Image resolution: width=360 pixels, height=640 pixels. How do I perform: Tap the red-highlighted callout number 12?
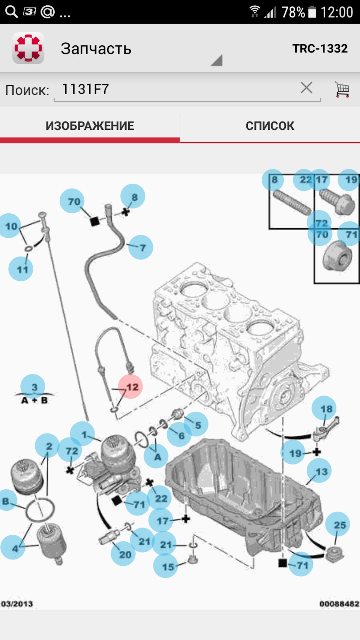130,387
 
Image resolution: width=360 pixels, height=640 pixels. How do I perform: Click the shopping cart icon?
342,90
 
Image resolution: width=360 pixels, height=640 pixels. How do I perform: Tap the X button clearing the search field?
306,88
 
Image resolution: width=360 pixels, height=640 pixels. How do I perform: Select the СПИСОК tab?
270,126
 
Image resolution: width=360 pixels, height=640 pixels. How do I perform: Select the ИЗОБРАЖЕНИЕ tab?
90,126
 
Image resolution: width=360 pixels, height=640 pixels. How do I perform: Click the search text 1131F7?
85,89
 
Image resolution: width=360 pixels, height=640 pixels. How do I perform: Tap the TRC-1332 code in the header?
320,48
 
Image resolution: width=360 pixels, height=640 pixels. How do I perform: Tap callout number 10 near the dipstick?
10,226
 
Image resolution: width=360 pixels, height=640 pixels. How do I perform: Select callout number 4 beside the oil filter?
13,548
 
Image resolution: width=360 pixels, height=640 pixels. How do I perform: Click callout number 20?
123,554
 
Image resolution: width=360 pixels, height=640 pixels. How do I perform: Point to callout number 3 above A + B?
33,387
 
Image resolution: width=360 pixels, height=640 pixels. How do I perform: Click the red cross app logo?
28,48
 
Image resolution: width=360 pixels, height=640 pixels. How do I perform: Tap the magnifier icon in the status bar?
11,12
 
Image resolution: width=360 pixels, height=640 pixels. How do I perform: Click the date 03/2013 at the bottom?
17,604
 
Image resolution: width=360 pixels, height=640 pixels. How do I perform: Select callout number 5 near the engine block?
196,424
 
